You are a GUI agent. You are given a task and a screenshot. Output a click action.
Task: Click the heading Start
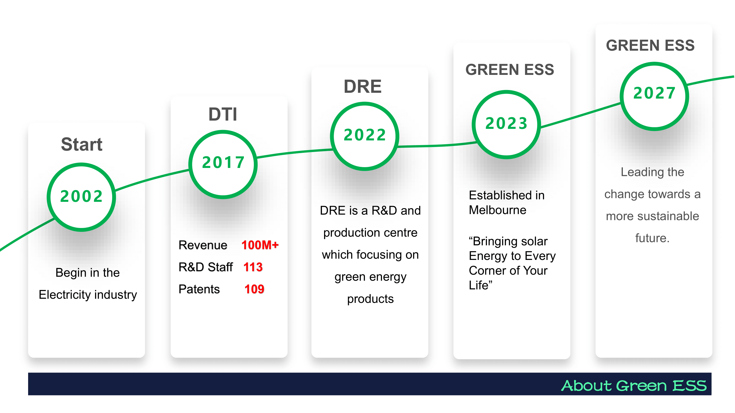tap(82, 144)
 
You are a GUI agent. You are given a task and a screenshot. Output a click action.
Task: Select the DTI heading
tap(223, 114)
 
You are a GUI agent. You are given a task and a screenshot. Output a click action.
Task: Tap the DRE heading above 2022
tap(363, 86)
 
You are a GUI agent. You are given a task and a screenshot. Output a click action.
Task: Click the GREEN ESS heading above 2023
tap(510, 70)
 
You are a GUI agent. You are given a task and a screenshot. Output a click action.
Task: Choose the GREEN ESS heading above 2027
tap(651, 45)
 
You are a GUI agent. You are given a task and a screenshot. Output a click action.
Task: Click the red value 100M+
tap(260, 245)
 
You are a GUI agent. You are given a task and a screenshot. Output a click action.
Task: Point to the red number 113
tap(253, 267)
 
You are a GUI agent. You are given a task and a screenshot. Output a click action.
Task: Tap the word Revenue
tap(203, 245)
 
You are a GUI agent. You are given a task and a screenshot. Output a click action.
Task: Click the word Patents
tap(199, 289)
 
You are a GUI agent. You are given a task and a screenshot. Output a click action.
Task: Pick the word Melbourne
tap(498, 210)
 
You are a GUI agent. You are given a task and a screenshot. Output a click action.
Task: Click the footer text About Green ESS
tap(634, 386)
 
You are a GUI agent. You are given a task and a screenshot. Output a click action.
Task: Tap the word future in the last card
tap(652, 238)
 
